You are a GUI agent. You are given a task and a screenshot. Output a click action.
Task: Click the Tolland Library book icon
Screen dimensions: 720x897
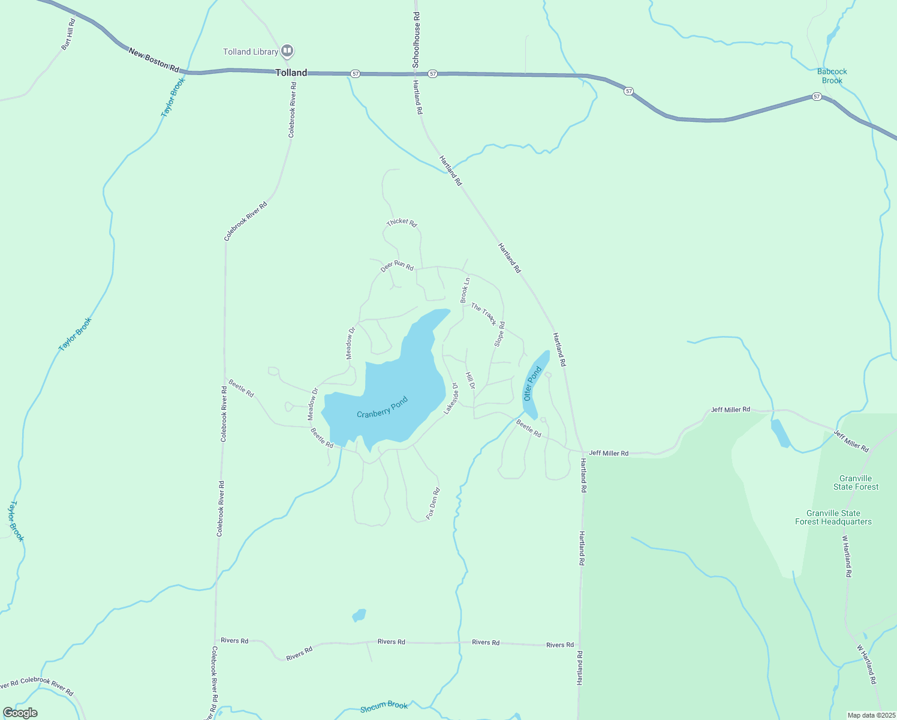point(287,50)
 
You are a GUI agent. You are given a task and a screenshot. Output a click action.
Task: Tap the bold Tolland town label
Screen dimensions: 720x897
point(291,73)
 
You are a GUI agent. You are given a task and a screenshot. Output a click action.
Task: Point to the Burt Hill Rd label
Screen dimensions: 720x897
point(69,34)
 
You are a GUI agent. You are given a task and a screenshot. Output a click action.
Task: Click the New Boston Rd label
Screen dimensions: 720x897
point(154,61)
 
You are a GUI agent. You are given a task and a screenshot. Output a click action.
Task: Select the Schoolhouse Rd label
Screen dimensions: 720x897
point(416,38)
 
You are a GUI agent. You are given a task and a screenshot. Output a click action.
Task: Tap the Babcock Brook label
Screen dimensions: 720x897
point(832,76)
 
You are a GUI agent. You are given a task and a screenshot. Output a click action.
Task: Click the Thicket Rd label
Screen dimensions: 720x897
point(402,222)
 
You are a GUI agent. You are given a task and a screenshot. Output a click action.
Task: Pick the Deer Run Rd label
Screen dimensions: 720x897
point(397,265)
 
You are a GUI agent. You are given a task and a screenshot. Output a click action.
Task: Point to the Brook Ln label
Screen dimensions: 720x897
point(465,290)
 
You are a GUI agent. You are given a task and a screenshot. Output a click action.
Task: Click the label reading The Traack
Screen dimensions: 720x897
point(484,314)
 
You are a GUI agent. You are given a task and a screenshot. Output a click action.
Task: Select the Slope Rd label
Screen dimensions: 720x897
point(499,334)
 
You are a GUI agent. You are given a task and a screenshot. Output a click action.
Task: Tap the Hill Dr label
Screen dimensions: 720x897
point(470,380)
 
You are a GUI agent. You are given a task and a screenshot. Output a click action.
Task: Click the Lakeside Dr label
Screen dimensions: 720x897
point(451,399)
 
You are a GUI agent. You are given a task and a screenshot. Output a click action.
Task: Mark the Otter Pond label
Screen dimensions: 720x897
point(532,384)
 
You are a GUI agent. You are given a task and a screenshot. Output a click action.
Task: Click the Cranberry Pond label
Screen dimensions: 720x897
point(383,407)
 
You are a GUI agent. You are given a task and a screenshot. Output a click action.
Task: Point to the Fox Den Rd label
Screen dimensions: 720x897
point(433,503)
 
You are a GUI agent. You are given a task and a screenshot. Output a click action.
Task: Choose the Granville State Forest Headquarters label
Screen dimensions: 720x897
point(833,517)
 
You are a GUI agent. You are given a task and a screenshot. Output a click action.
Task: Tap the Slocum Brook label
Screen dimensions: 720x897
point(384,706)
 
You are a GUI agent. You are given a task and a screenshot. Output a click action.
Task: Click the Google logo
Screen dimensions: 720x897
point(20,713)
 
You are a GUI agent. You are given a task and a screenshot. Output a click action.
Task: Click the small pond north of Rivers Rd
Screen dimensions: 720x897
point(359,615)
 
